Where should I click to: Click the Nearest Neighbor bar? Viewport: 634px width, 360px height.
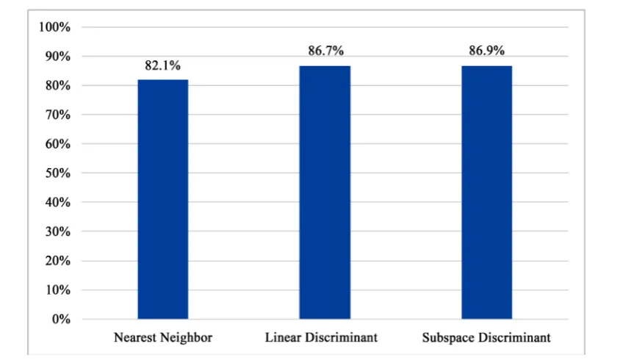tap(163, 199)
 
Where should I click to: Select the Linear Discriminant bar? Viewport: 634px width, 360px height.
tap(325, 192)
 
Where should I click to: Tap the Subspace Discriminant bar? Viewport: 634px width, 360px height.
tap(487, 192)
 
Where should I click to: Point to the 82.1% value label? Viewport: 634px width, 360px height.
tap(162, 65)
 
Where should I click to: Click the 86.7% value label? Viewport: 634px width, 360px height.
tap(326, 51)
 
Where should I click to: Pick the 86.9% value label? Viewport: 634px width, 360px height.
tap(487, 51)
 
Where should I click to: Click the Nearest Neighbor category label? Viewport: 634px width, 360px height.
tap(163, 337)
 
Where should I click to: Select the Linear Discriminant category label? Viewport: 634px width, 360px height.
tap(322, 337)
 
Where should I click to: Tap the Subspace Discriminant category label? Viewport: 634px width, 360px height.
tap(486, 337)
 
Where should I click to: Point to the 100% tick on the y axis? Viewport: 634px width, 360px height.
tap(54, 27)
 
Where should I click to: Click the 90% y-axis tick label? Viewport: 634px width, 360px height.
tap(58, 57)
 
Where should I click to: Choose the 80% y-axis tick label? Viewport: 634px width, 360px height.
tap(58, 86)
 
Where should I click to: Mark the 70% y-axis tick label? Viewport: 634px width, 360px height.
tap(58, 115)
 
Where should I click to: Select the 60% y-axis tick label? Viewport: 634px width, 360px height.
tap(58, 144)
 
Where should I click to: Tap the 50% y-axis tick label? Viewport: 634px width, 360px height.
tap(58, 173)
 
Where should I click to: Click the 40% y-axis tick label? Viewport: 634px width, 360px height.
tap(58, 202)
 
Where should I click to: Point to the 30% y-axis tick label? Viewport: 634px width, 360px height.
tap(58, 231)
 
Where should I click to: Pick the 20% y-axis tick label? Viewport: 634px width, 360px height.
tap(58, 261)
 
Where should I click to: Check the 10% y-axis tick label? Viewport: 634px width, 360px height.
tap(58, 290)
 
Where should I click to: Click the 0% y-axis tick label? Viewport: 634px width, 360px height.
tap(61, 319)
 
